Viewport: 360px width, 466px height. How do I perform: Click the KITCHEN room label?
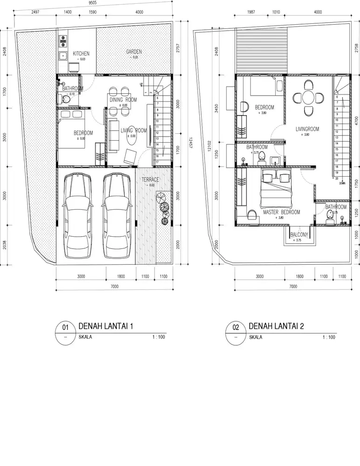pyautogui.click(x=81, y=54)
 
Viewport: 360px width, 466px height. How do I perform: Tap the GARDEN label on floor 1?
pyautogui.click(x=134, y=52)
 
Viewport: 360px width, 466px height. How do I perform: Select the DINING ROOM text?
pyautogui.click(x=123, y=100)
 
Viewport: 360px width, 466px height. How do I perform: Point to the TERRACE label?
pyautogui.click(x=150, y=179)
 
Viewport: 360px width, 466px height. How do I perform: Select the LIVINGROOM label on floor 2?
pyautogui.click(x=307, y=129)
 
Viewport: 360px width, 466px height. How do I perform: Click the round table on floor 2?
pyautogui.click(x=308, y=98)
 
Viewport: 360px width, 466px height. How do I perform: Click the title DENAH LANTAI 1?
pyautogui.click(x=106, y=326)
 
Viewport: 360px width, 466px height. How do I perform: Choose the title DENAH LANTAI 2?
pyautogui.click(x=276, y=326)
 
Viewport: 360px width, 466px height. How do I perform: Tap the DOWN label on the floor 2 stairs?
pyautogui.click(x=342, y=183)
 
